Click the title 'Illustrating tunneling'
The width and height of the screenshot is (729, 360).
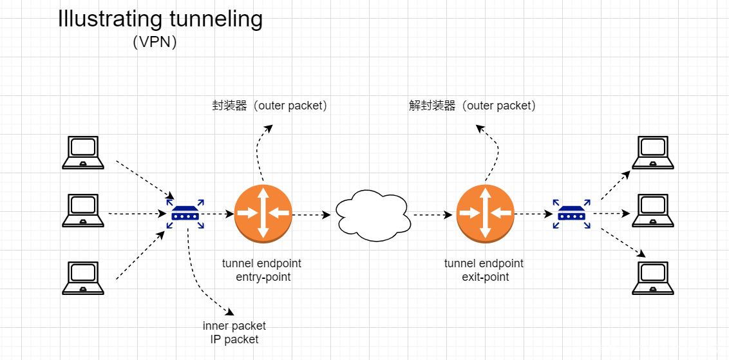click(x=160, y=19)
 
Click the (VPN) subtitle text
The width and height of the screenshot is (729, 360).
click(x=155, y=43)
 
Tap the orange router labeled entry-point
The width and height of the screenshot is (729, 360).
click(x=263, y=213)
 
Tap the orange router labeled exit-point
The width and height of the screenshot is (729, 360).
click(x=485, y=213)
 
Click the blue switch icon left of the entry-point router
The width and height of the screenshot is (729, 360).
click(x=185, y=213)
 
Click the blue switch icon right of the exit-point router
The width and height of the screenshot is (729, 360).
click(x=571, y=213)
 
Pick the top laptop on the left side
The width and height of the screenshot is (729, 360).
click(x=83, y=153)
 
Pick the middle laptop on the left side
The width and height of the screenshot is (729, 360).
click(x=83, y=211)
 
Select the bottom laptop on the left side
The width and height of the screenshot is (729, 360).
click(x=83, y=278)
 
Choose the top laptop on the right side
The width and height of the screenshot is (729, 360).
click(x=653, y=153)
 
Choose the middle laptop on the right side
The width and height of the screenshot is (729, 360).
click(x=653, y=211)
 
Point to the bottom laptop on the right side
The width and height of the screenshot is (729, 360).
click(x=653, y=278)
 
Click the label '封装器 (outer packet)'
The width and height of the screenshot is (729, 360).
click(x=270, y=106)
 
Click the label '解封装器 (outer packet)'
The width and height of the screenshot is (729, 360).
click(x=472, y=106)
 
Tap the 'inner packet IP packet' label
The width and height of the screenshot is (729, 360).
click(x=234, y=332)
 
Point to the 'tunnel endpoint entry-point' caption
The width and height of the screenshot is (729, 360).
click(x=261, y=270)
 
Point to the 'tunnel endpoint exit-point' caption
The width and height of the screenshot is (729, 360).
click(x=484, y=270)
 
